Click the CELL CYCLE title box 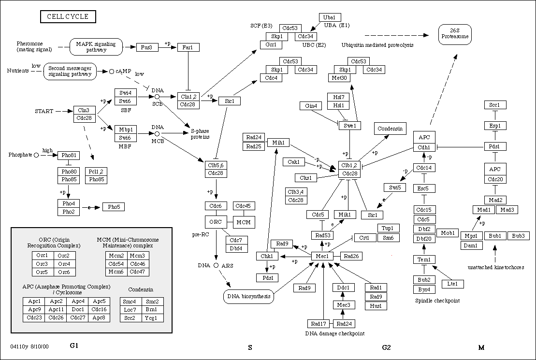click(x=68, y=17)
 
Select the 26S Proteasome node click(x=454, y=33)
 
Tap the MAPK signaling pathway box click(x=96, y=47)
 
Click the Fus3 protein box click(x=147, y=47)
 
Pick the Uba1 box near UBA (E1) click(x=330, y=17)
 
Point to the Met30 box click(x=340, y=78)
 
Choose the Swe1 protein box click(x=350, y=126)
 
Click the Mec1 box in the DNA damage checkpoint click(x=322, y=256)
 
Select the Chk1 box click(x=267, y=256)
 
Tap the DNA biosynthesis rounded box click(x=248, y=296)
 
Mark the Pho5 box click(x=114, y=207)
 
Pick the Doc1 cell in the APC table click(x=77, y=309)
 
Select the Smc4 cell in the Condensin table click(x=130, y=301)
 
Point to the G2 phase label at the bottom click(x=386, y=347)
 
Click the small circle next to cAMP click(x=111, y=72)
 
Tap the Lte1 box click(x=452, y=284)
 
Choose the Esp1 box click(x=494, y=126)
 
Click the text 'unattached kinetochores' click(x=495, y=267)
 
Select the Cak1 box click(x=293, y=162)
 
